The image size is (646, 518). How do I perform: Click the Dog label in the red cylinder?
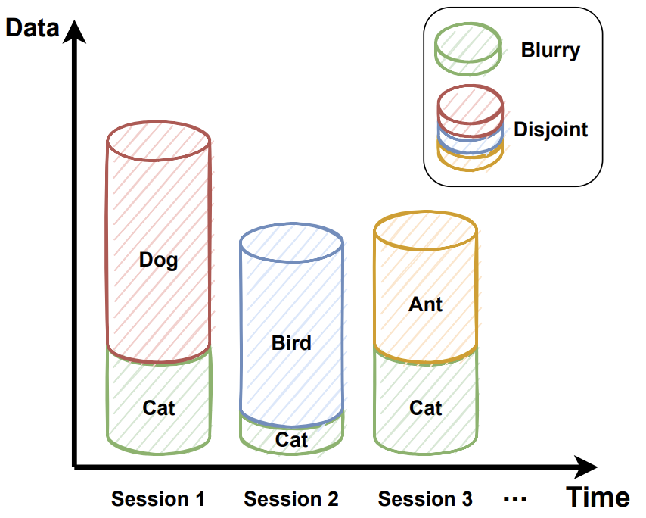pyautogui.click(x=159, y=261)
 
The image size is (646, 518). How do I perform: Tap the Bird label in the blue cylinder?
pyautogui.click(x=291, y=343)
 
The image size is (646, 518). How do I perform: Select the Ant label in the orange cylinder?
pyautogui.click(x=425, y=304)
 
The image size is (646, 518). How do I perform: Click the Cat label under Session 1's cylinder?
pyautogui.click(x=159, y=407)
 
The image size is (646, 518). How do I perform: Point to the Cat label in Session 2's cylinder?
pyautogui.click(x=291, y=439)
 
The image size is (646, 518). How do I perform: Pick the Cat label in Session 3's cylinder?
pyautogui.click(x=425, y=407)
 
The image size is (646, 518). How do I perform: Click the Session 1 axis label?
pyautogui.click(x=158, y=499)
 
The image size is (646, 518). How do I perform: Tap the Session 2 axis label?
pyautogui.click(x=291, y=499)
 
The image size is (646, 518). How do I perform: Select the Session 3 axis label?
pyautogui.click(x=425, y=499)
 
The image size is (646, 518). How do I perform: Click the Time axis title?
pyautogui.click(x=598, y=498)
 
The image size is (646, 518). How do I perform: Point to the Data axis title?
pyautogui.click(x=33, y=29)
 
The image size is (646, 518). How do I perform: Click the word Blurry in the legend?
pyautogui.click(x=551, y=51)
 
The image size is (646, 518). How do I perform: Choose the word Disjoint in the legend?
pyautogui.click(x=551, y=129)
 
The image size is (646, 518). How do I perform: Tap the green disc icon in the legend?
pyautogui.click(x=467, y=48)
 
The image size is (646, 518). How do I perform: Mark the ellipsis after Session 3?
pyautogui.click(x=514, y=499)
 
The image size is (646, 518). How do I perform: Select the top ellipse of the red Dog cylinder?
pyautogui.click(x=159, y=140)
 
